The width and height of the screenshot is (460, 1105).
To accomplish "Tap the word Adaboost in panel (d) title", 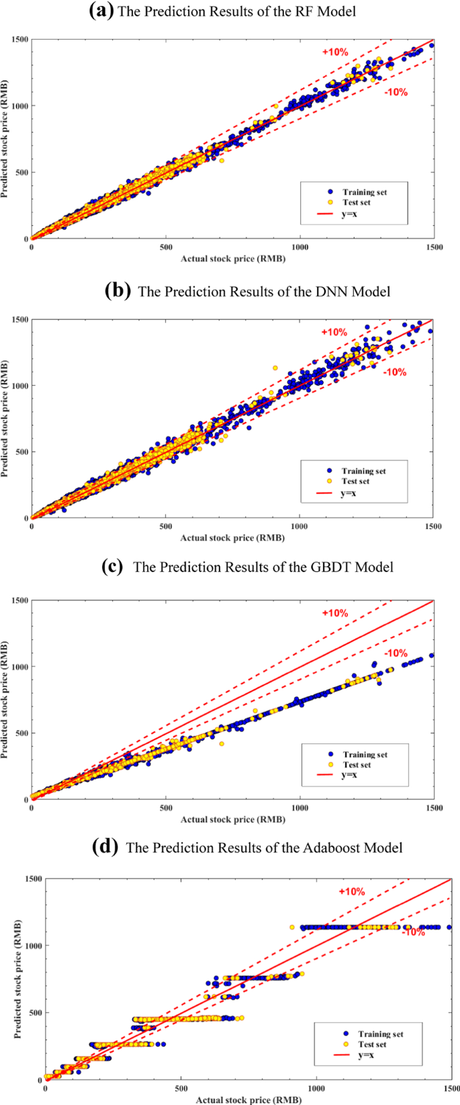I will (x=310, y=848).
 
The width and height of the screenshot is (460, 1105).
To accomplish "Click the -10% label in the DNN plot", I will (x=395, y=372).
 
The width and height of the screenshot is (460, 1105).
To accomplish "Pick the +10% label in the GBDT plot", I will (x=334, y=613).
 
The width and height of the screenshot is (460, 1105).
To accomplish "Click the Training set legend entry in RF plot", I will (x=364, y=192).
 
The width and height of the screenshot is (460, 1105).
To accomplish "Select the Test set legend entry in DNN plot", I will (x=355, y=481).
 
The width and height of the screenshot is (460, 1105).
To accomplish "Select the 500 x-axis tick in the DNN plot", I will (x=166, y=526).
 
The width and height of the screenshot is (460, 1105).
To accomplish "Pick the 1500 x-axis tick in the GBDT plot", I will (x=434, y=808).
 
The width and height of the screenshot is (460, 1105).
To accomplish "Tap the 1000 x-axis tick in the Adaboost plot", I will (x=316, y=1088).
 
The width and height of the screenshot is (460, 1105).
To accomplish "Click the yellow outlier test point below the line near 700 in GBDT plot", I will (x=222, y=743).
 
